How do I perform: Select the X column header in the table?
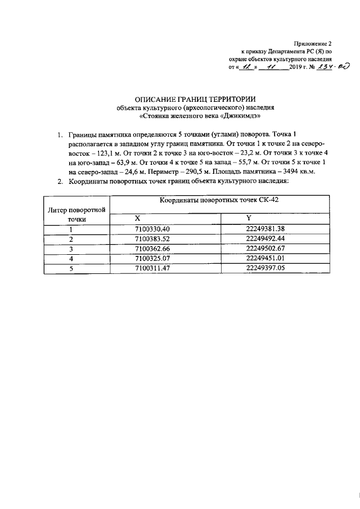coord(138,218)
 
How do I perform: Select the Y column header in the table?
coord(249,218)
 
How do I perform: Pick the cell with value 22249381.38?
coord(266,229)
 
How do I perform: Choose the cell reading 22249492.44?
coord(266,238)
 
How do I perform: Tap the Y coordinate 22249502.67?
coord(266,249)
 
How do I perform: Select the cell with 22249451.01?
coord(266,258)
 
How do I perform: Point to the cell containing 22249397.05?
coord(266,268)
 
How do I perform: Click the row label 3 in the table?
coord(71,249)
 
